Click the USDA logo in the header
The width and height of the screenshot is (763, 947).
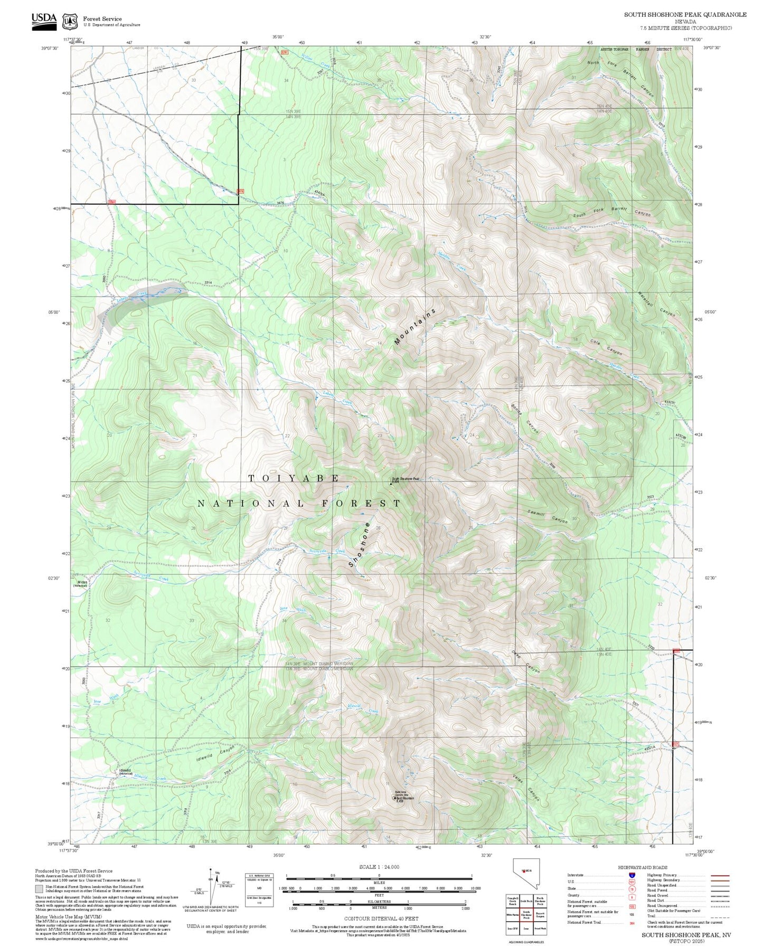44,20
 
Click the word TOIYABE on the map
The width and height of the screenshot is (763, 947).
294,478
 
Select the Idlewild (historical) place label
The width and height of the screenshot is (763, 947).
126,771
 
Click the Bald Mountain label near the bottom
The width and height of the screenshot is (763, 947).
406,798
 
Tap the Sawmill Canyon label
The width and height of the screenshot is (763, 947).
547,516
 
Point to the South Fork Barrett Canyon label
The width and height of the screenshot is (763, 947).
612,212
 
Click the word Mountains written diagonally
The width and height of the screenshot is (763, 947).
415,327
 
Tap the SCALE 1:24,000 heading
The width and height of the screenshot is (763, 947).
379,867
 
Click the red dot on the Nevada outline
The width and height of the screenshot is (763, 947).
524,872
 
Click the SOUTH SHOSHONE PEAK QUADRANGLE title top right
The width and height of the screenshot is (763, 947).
685,15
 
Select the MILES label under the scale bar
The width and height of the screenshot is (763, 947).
379,882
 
